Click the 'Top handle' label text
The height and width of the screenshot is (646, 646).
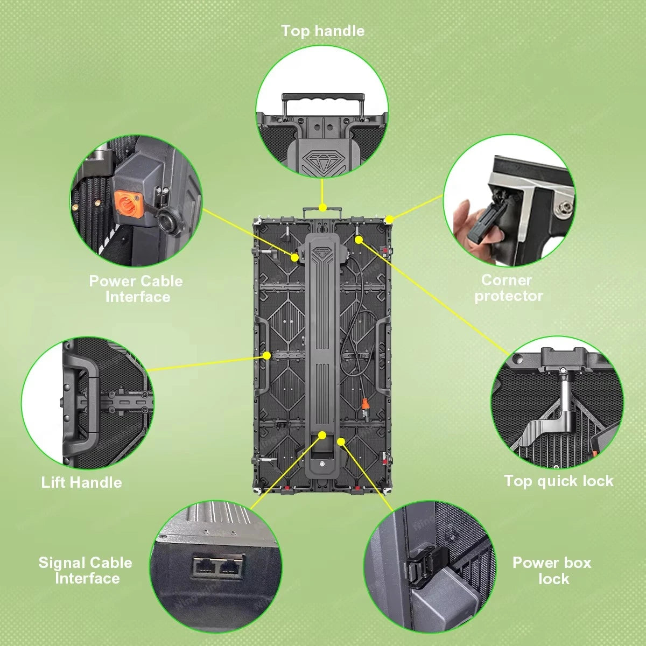click(323, 31)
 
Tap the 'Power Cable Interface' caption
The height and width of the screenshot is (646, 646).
click(136, 289)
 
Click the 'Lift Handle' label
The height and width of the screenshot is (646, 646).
click(81, 482)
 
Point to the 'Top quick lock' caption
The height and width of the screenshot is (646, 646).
click(558, 481)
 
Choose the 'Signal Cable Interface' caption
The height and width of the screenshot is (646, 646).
click(86, 571)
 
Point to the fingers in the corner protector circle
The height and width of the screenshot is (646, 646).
click(468, 228)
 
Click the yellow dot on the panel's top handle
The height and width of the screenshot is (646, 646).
click(322, 207)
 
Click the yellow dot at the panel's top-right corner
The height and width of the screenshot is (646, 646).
click(389, 220)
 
